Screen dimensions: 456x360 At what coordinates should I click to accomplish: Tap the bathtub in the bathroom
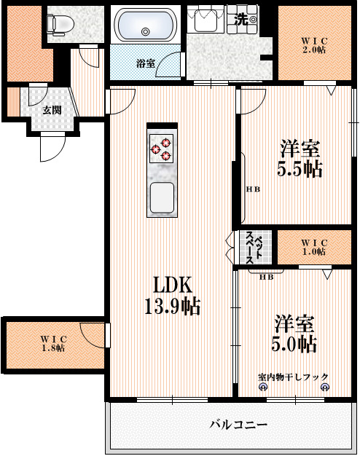[145, 26]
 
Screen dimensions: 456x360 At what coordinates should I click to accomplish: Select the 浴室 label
[145, 63]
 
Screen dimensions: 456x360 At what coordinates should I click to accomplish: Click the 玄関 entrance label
[51, 110]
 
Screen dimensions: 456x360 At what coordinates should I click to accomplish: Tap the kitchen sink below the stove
[161, 197]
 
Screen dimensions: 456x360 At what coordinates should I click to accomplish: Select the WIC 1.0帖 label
[314, 247]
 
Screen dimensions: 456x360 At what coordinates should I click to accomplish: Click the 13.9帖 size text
[172, 306]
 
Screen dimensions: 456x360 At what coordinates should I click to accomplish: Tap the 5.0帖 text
[295, 343]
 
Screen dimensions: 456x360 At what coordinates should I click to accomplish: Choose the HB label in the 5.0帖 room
[266, 276]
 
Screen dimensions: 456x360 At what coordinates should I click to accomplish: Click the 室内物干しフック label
[292, 377]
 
